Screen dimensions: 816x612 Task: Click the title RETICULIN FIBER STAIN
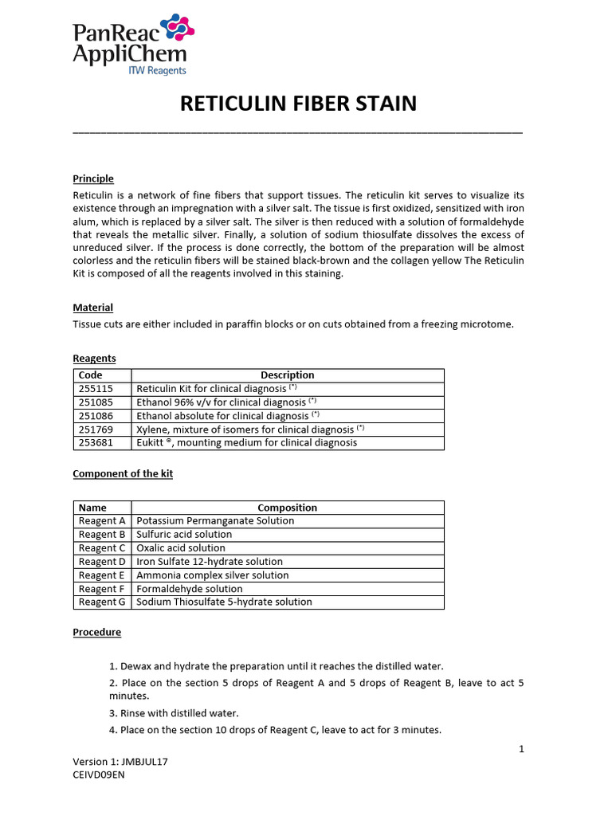[x=298, y=104]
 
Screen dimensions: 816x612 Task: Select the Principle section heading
[x=93, y=178]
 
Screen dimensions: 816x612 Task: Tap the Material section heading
[x=92, y=308]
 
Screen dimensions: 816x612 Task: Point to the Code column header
[x=91, y=375]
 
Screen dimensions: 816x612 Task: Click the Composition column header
[x=287, y=508]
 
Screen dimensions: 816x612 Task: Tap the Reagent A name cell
[x=102, y=521]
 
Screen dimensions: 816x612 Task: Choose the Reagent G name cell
[x=102, y=602]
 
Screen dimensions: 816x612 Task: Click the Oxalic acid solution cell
[x=181, y=548]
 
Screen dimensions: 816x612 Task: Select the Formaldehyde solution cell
[x=190, y=589]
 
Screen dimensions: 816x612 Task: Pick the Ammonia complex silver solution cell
[x=213, y=575]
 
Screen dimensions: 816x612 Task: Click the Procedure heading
[x=96, y=632]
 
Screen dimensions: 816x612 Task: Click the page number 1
[x=521, y=748]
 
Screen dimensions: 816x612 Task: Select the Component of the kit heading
[x=123, y=473]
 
